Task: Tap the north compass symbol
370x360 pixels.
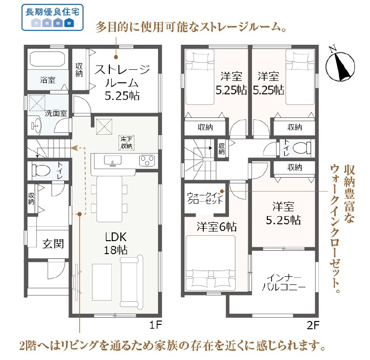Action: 340,64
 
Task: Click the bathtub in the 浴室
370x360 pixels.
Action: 47,60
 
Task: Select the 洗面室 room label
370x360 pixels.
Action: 56,114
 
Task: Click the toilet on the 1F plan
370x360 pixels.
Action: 41,170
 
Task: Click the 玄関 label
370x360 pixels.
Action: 53,244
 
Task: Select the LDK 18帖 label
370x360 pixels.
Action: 116,243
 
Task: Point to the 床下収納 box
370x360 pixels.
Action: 127,142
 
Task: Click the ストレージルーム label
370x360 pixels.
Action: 122,82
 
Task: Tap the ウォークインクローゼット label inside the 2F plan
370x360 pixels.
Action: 205,197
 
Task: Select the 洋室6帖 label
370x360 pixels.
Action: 213,227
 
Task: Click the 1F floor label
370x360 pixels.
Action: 154,325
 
